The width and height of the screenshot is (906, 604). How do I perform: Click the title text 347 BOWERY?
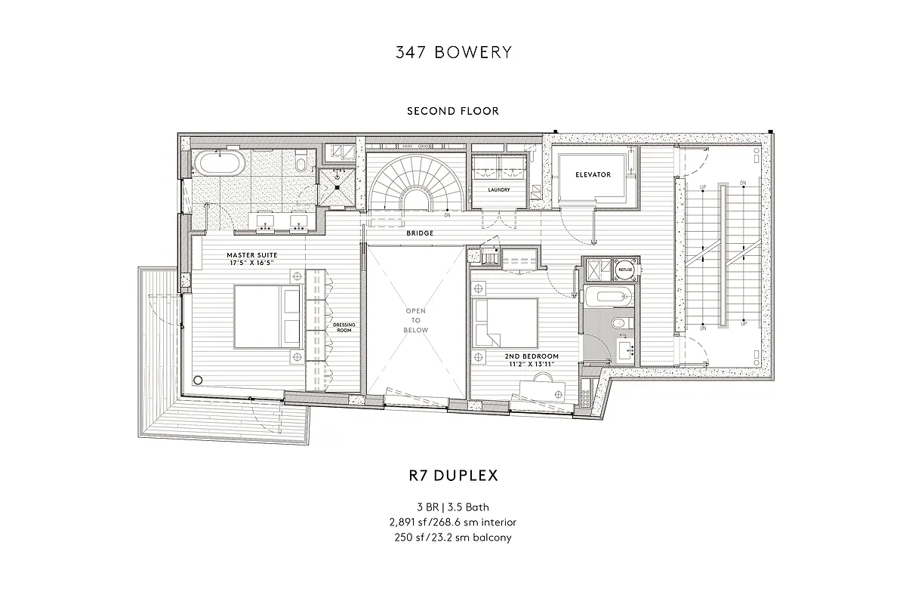(453, 52)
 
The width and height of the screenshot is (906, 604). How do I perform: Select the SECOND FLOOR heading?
(453, 111)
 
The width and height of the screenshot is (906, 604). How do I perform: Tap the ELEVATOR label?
(593, 174)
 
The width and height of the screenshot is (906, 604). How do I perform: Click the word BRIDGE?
(420, 233)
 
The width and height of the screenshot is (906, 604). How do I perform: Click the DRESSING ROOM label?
(344, 328)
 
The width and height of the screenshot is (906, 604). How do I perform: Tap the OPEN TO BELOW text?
(416, 320)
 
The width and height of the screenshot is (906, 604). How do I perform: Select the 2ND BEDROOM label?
(532, 356)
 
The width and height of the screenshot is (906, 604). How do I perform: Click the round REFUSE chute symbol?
(625, 268)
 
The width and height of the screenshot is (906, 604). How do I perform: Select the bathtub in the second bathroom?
(608, 295)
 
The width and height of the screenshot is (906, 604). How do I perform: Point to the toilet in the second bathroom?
(618, 323)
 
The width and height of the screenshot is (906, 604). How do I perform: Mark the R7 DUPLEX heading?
(453, 476)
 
